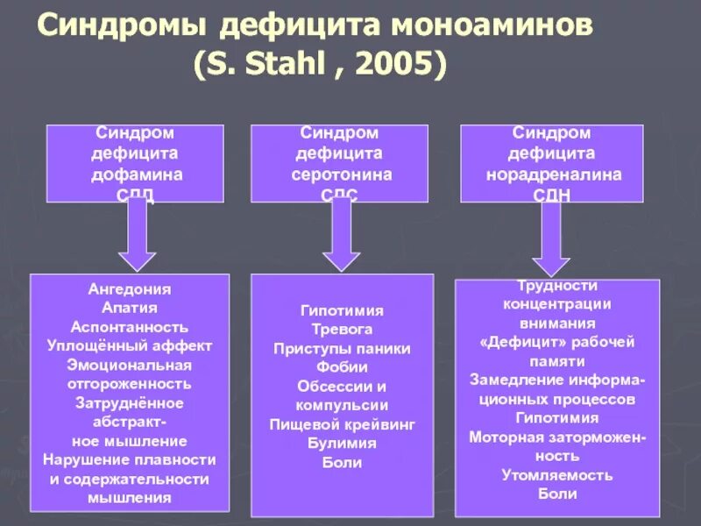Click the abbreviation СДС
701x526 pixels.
[x=341, y=194]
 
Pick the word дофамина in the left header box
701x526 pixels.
[x=138, y=174]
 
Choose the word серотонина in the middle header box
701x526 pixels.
[x=341, y=174]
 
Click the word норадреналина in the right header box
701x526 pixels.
[x=554, y=174]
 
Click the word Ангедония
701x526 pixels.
[x=130, y=288]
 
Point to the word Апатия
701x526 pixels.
[x=130, y=308]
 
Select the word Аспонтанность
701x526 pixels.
[x=130, y=326]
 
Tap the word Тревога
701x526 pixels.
[x=342, y=330]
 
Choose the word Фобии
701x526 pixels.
[x=342, y=367]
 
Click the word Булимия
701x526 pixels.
[x=342, y=444]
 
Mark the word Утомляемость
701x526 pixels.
[x=557, y=475]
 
